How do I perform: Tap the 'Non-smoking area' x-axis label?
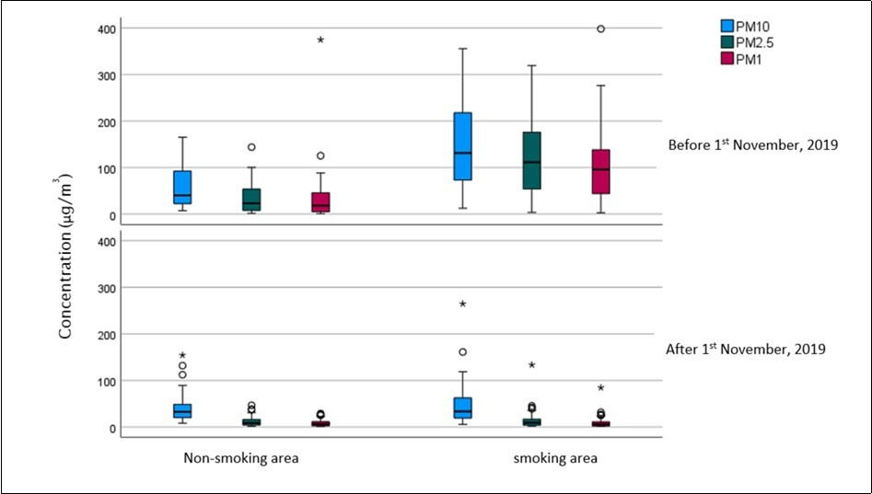pos(241,458)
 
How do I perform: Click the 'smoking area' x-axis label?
pos(555,458)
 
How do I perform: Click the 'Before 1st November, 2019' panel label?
pos(752,144)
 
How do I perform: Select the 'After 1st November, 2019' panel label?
pos(745,350)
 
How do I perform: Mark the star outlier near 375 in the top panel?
pos(320,40)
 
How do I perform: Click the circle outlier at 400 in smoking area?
pos(600,29)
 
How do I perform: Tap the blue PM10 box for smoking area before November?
pos(462,145)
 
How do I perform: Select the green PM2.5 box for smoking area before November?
pos(531,160)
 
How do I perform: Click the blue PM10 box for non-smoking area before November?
pos(182,187)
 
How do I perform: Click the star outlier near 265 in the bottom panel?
pos(462,304)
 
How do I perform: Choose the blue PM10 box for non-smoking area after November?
pos(182,410)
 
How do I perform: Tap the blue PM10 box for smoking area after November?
pos(462,408)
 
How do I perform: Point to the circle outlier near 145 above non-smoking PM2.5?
pos(251,147)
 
